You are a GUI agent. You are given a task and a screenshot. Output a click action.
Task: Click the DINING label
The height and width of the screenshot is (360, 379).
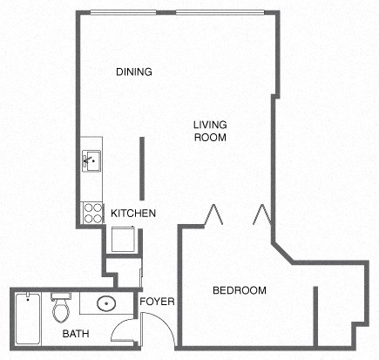point(134,72)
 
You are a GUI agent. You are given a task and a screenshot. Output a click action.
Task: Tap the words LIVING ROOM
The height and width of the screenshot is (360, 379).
point(210,131)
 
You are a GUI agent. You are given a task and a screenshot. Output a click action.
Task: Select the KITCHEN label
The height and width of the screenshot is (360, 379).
point(133,213)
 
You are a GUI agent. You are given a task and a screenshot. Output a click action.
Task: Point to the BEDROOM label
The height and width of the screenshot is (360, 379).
point(240,290)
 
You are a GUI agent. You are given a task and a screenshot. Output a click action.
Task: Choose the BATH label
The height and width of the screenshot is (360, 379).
point(74,334)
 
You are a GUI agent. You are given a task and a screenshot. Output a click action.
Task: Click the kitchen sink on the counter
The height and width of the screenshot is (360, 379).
point(91,160)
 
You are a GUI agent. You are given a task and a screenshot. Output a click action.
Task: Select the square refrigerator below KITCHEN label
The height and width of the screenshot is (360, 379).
point(122,238)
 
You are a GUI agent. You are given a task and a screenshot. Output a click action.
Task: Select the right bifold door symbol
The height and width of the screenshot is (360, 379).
point(261,214)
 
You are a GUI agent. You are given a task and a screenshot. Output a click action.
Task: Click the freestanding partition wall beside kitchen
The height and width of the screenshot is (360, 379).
point(141,167)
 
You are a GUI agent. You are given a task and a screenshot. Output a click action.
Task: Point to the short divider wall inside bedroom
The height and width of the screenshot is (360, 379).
point(315,315)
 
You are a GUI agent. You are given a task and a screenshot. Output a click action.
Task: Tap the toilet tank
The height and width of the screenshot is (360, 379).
point(60,296)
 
